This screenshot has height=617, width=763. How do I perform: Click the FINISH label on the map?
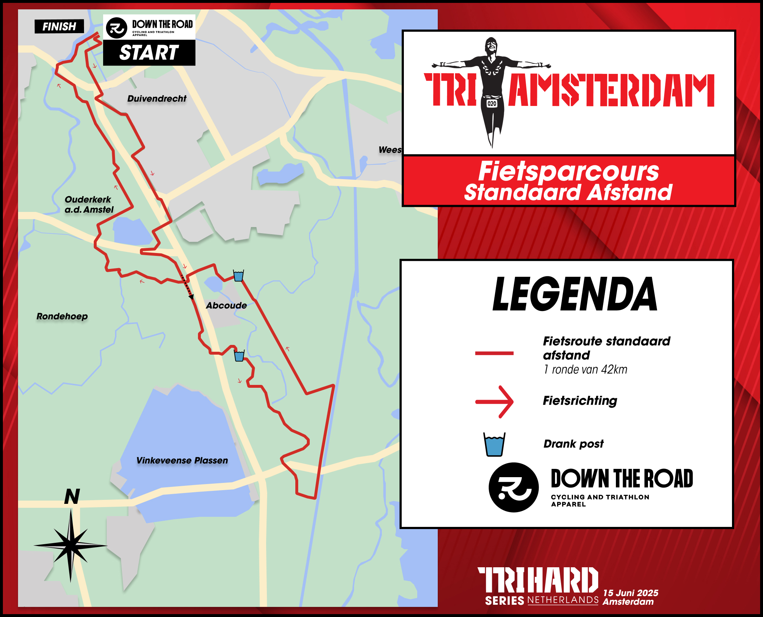(x=59, y=26)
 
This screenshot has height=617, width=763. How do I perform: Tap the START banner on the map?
(x=149, y=53)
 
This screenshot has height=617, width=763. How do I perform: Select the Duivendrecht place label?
(x=157, y=98)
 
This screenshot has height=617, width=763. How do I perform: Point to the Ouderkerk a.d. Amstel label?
(x=89, y=204)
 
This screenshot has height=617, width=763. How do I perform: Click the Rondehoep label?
(x=62, y=316)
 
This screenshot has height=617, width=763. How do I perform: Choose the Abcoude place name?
(x=226, y=305)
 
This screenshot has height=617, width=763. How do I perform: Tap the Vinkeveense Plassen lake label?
(x=182, y=460)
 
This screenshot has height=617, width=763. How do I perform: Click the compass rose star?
(x=71, y=545)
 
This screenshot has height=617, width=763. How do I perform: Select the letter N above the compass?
(x=72, y=497)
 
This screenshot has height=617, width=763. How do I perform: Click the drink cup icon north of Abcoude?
(x=238, y=276)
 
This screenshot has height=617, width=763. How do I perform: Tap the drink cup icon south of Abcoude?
(x=239, y=356)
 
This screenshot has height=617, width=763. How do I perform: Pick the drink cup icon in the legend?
(x=494, y=444)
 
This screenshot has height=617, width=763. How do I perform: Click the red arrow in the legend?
(x=494, y=401)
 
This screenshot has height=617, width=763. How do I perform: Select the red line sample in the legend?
(x=494, y=353)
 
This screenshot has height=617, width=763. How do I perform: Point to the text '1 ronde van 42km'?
(x=585, y=369)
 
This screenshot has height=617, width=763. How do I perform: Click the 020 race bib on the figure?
(x=492, y=104)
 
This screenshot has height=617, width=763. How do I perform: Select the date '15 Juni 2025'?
(x=630, y=593)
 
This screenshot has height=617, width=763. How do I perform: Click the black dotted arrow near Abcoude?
(x=187, y=287)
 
